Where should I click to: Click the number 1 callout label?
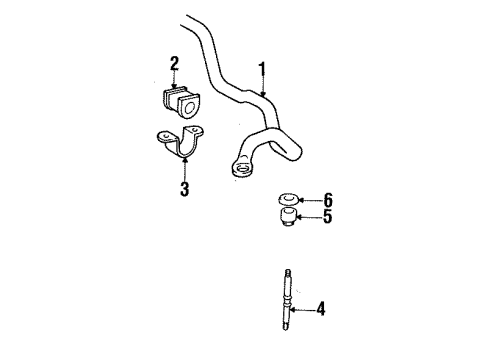point(262,69)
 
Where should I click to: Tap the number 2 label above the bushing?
point(174,65)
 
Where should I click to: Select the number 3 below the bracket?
point(184,188)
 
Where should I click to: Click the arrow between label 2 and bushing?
point(173,79)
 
